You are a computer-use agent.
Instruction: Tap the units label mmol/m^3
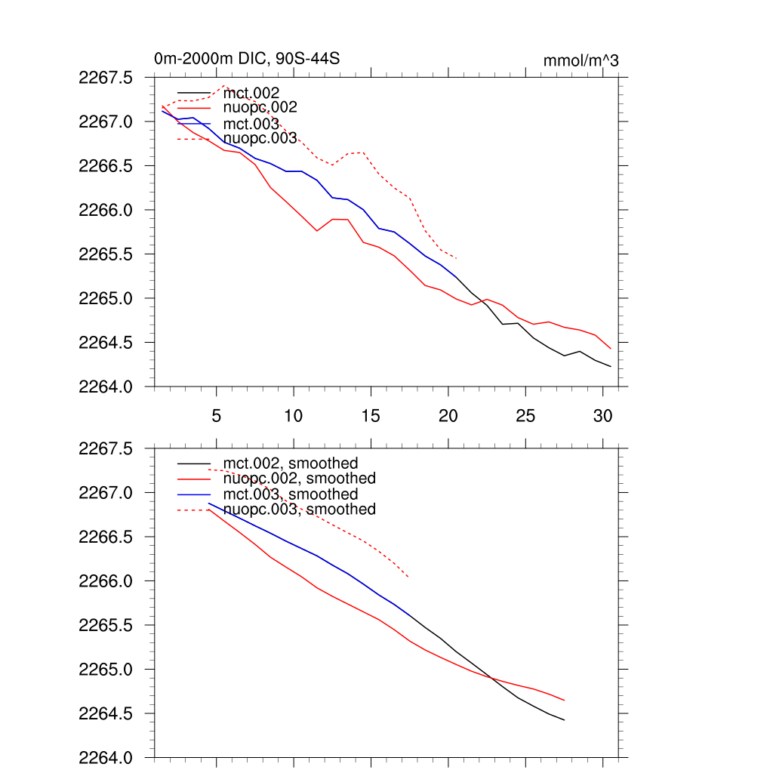581,60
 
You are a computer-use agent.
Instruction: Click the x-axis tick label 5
216,415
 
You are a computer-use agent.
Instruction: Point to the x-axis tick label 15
371,415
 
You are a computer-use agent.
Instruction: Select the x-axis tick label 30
602,415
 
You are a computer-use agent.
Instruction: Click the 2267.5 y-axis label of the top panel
106,78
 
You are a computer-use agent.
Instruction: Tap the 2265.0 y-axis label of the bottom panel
106,670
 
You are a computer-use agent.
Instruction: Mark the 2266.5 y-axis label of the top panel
106,166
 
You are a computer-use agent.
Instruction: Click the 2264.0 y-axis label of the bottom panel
106,758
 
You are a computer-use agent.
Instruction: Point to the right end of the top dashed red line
456,258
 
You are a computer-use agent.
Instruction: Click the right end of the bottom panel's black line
564,720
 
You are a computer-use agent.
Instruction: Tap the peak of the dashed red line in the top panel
224,86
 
